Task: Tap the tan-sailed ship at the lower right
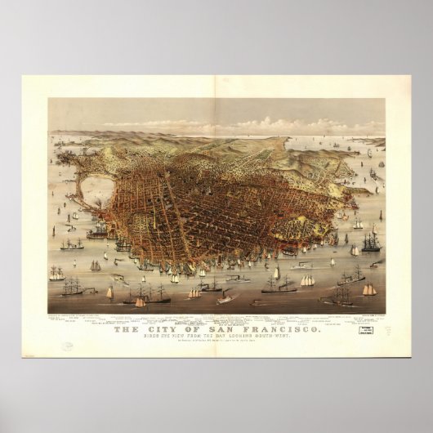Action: (x=369, y=289)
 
